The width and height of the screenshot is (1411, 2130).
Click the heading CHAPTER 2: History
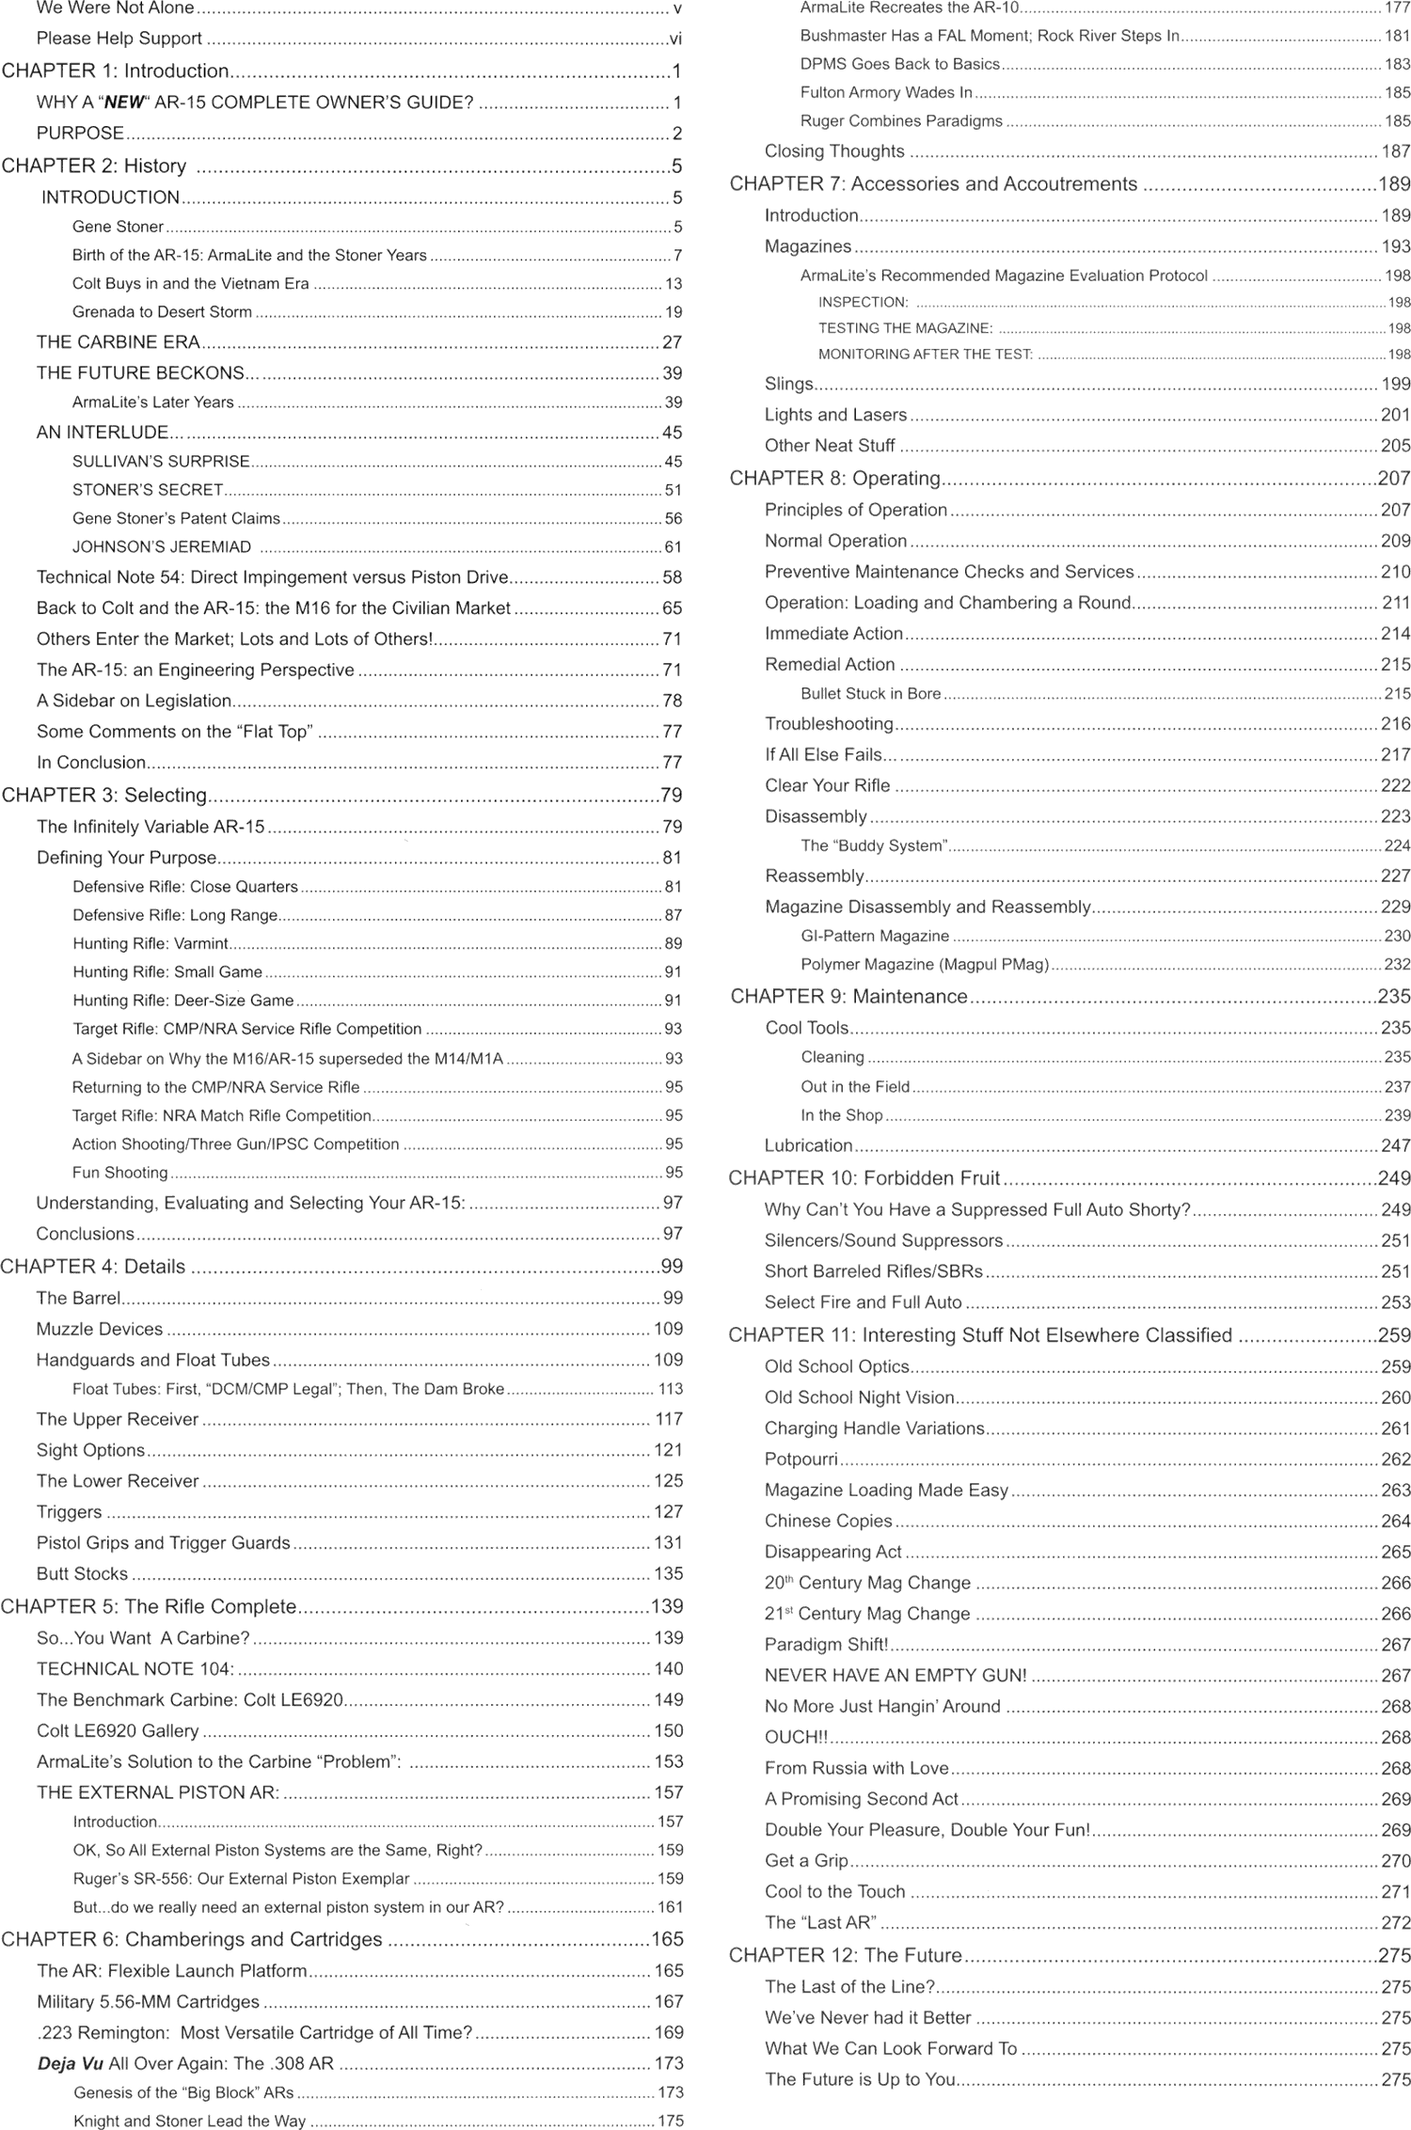point(94,166)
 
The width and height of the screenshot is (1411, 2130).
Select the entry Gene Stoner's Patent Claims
point(176,518)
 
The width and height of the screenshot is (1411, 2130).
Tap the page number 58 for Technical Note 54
point(672,577)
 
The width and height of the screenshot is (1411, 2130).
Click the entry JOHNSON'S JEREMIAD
point(162,546)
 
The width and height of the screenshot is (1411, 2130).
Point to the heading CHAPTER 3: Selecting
point(103,796)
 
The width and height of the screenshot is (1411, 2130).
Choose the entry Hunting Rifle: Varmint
point(151,943)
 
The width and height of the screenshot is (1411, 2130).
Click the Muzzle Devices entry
point(100,1329)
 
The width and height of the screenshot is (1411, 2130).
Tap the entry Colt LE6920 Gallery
point(118,1730)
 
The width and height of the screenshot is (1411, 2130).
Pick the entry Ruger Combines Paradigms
point(901,121)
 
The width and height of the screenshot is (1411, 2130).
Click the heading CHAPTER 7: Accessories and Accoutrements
point(933,184)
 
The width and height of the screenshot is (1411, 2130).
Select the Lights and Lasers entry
point(835,415)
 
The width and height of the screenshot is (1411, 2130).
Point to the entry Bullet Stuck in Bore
point(870,693)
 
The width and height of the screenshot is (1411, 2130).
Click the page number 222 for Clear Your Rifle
point(1395,785)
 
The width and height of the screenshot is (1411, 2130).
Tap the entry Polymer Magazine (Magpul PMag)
point(925,964)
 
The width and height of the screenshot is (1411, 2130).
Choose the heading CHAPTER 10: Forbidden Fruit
point(864,1178)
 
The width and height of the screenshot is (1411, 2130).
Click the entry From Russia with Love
point(856,1768)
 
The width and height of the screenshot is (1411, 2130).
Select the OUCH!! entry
point(796,1737)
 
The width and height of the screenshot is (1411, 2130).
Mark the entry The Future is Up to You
point(860,2079)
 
